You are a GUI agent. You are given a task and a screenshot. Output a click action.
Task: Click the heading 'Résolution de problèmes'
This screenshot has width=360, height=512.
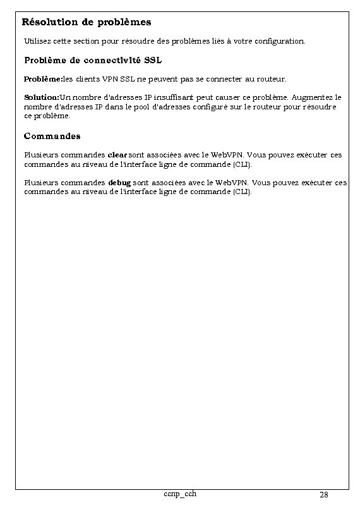[x=87, y=22]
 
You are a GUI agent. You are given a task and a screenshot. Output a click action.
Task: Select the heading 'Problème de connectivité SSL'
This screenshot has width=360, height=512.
[x=93, y=61]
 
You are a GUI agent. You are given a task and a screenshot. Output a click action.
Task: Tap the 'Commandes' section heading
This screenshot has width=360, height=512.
[x=52, y=136]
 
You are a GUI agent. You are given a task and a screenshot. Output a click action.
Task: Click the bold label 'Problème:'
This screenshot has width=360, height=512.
[x=43, y=80]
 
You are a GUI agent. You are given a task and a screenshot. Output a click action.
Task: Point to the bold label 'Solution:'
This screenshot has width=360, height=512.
[x=41, y=98]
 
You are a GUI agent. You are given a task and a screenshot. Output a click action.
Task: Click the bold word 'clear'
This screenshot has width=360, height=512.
[x=117, y=155]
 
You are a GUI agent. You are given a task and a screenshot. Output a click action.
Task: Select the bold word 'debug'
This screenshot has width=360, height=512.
[x=119, y=183]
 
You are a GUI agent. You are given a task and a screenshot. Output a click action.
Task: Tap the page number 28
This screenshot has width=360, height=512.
[x=323, y=494]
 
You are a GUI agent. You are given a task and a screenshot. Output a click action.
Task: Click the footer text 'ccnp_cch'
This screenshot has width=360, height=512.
[x=179, y=493]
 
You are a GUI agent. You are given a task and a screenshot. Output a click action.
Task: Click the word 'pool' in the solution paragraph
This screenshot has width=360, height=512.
[x=148, y=107]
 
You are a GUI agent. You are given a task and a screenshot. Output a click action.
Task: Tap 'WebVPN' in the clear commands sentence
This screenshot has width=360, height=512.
[x=227, y=155]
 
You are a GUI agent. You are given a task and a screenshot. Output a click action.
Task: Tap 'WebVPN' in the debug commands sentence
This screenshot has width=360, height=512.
[x=232, y=183]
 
